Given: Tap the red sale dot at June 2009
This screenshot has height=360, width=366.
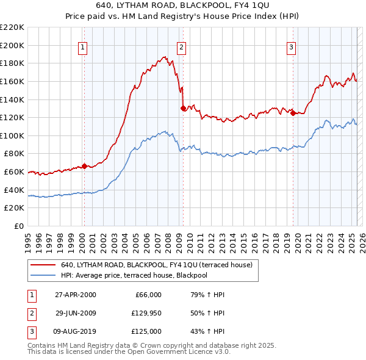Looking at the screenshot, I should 183,108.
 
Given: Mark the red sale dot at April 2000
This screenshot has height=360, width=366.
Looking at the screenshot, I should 85,166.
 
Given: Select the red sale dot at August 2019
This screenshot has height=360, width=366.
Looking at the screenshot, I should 293,113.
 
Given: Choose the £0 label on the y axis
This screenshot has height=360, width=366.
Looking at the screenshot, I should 18,226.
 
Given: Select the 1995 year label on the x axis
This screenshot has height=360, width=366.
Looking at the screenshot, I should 28,239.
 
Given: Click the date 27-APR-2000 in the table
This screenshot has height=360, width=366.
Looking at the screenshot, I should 76,295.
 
